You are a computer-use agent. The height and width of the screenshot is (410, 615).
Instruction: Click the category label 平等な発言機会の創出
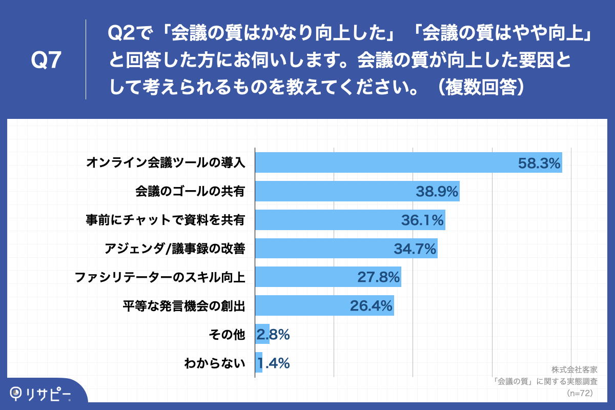coord(183,306)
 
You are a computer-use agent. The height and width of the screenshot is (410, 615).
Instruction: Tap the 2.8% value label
coord(273,335)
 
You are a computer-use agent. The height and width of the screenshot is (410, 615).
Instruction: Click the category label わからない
coord(215,364)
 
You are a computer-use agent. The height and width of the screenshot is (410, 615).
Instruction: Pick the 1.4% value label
coord(274,363)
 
